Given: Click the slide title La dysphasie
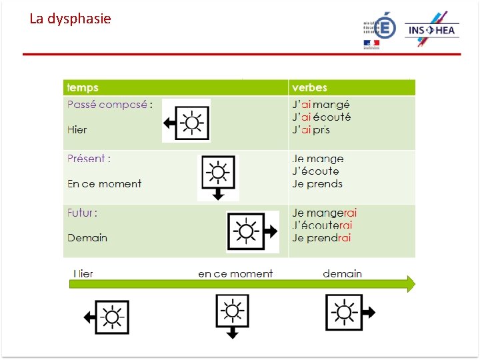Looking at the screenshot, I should click(70, 19).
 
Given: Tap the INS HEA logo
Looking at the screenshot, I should click(432, 30).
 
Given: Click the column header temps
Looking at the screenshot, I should click(83, 88).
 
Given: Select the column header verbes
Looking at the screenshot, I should click(309, 88).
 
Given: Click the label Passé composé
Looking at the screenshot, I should click(107, 105).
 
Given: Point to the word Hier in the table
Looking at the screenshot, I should click(77, 129).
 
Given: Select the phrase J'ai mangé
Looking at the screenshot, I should click(321, 105).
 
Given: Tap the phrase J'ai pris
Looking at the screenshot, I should click(311, 129).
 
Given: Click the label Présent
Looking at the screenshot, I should click(88, 159).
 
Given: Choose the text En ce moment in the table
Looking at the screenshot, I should click(104, 183).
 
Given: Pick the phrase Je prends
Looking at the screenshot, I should click(317, 183).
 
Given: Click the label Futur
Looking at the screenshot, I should click(81, 213).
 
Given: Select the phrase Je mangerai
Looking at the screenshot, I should click(325, 213).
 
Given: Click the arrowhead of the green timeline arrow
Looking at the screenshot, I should click(409, 284).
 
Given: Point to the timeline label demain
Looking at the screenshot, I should click(342, 273).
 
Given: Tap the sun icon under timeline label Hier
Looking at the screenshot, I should click(111, 316).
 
